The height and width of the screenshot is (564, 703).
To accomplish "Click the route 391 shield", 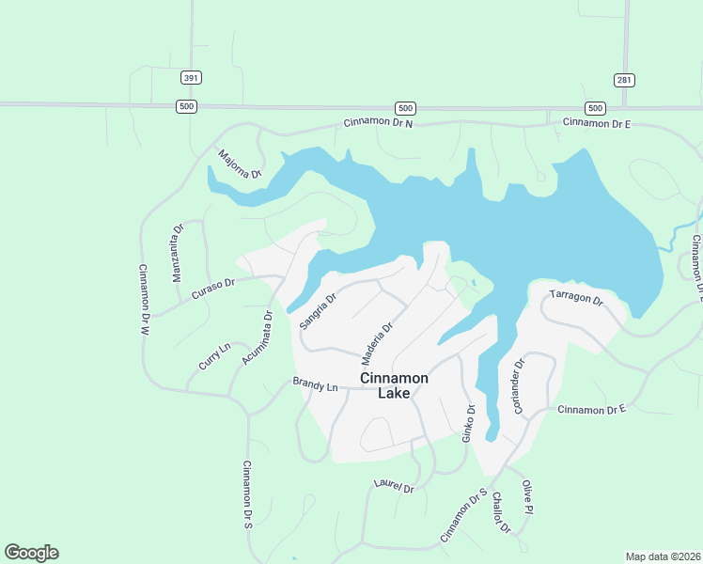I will coord(192,78).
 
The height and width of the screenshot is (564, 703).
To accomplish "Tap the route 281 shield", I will coord(624,80).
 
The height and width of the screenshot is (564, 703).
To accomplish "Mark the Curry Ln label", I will coord(214,358).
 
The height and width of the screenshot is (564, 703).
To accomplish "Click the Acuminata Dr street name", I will coord(256,337).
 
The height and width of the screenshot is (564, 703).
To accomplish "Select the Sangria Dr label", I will coord(318,311).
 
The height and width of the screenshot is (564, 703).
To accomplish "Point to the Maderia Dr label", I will coord(376,344).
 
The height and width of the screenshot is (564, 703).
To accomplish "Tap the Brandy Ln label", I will coord(315,384).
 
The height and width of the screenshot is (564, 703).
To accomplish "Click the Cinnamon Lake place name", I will coord(395,385).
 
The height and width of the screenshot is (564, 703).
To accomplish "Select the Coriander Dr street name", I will coord(518,375).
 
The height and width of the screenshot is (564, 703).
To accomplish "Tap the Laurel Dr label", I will coord(393,487).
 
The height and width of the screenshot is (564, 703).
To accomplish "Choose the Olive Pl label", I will coord(527,495).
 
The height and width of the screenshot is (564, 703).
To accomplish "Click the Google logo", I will coord(31,553).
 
